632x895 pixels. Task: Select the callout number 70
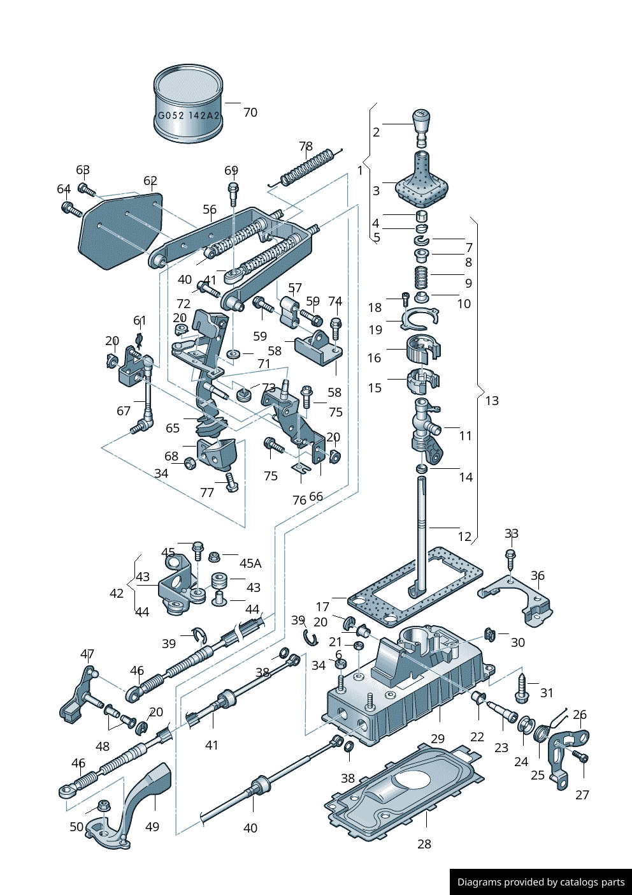point(250,112)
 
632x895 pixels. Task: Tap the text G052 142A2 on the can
point(189,115)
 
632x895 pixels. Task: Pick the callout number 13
point(492,401)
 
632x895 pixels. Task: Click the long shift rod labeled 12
point(422,529)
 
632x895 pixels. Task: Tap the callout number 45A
point(250,563)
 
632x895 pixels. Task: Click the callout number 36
point(538,575)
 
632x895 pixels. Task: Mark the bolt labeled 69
point(233,193)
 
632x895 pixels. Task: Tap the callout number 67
point(124,411)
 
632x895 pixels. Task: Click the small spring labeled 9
point(421,277)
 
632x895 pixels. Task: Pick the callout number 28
point(424,844)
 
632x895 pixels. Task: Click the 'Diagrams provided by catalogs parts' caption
point(541,882)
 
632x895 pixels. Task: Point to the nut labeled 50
point(103,806)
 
